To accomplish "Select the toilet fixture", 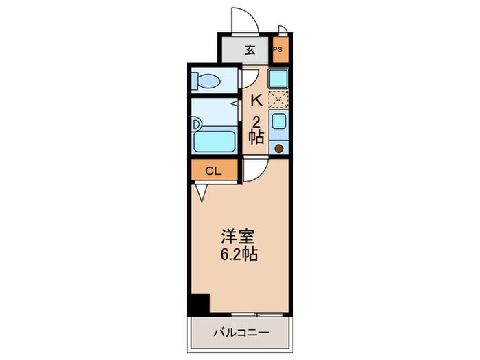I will click(x=206, y=82).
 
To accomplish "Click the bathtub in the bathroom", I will click(x=215, y=142).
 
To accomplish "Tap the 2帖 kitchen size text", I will click(x=256, y=128).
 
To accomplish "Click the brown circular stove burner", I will click(x=279, y=147).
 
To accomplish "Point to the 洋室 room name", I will click(x=238, y=238).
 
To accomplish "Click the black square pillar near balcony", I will click(x=200, y=304).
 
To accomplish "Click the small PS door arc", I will click(x=283, y=29).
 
